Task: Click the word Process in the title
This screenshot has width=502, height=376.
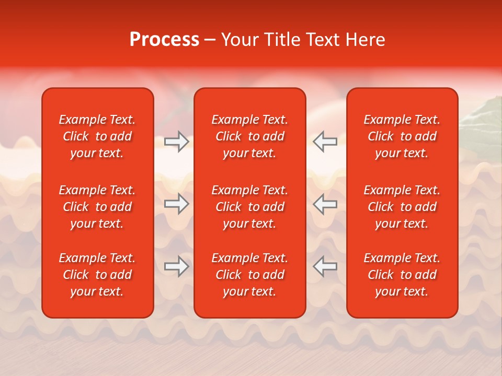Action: pyautogui.click(x=164, y=40)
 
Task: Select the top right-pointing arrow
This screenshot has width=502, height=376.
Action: pyautogui.click(x=177, y=142)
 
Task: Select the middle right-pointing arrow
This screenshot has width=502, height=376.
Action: pyautogui.click(x=177, y=204)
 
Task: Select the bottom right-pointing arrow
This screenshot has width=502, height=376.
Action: pyautogui.click(x=177, y=266)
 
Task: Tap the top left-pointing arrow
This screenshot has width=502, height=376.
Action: pyautogui.click(x=325, y=142)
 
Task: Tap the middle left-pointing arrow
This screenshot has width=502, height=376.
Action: pyautogui.click(x=325, y=204)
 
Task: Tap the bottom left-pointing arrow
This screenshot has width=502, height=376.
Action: pyautogui.click(x=325, y=266)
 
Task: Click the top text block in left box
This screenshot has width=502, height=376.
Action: pyautogui.click(x=97, y=136)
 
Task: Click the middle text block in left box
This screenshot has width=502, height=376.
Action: pyautogui.click(x=97, y=207)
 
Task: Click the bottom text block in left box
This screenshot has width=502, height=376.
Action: pyautogui.click(x=97, y=275)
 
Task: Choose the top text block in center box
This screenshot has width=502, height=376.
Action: pyautogui.click(x=249, y=136)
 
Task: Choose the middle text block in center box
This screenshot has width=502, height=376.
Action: pyautogui.click(x=249, y=207)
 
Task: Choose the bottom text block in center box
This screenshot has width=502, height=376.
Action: pyautogui.click(x=249, y=275)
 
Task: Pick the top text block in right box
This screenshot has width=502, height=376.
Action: pyautogui.click(x=402, y=136)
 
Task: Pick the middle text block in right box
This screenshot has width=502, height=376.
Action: pyautogui.click(x=402, y=207)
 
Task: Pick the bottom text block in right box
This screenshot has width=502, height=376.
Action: pyautogui.click(x=402, y=275)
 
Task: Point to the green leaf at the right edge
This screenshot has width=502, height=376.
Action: pyautogui.click(x=484, y=112)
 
